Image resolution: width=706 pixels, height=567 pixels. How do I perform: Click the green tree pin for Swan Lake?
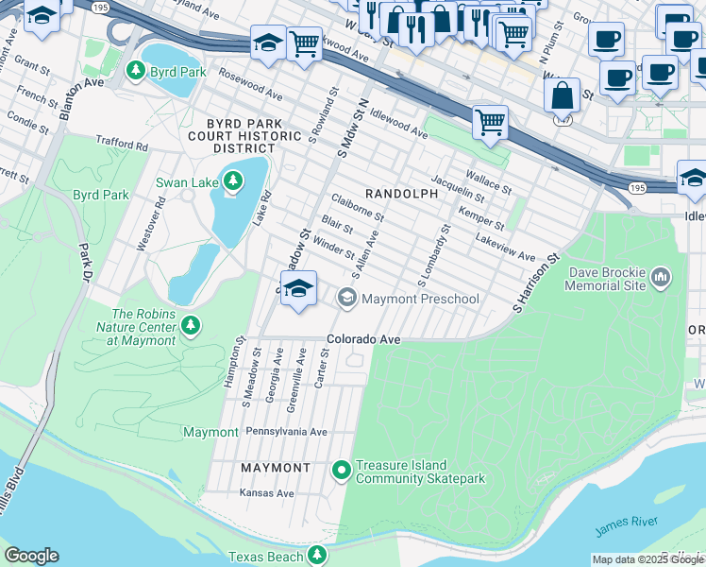click(x=233, y=180)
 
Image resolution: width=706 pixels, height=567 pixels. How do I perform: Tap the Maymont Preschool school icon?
click(x=347, y=299)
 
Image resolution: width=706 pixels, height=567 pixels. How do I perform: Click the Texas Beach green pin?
click(x=319, y=556)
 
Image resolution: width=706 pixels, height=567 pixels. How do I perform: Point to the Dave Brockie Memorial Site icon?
click(x=661, y=277)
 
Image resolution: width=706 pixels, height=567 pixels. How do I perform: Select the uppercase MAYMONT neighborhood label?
click(x=276, y=468)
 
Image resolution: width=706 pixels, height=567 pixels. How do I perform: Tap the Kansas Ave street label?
click(x=267, y=493)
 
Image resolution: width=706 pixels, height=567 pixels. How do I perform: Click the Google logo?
click(x=31, y=556)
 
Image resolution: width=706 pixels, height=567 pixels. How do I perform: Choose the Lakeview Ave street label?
click(x=505, y=249)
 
